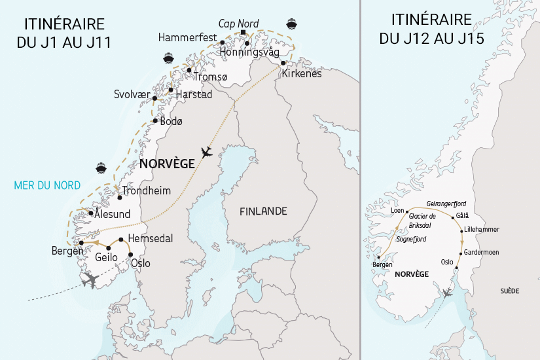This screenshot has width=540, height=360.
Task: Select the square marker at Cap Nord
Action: click(243, 32)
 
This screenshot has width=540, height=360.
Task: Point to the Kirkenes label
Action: click(302, 74)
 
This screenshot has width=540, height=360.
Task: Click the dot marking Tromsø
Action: click(189, 70)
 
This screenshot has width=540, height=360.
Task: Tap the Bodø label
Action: click(172, 121)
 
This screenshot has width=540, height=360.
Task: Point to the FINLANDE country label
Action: click(262, 211)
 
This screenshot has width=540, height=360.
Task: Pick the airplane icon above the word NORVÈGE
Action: click(207, 153)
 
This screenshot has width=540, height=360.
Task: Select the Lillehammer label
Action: click(481, 229)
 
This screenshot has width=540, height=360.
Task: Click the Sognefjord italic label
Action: click(411, 240)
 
